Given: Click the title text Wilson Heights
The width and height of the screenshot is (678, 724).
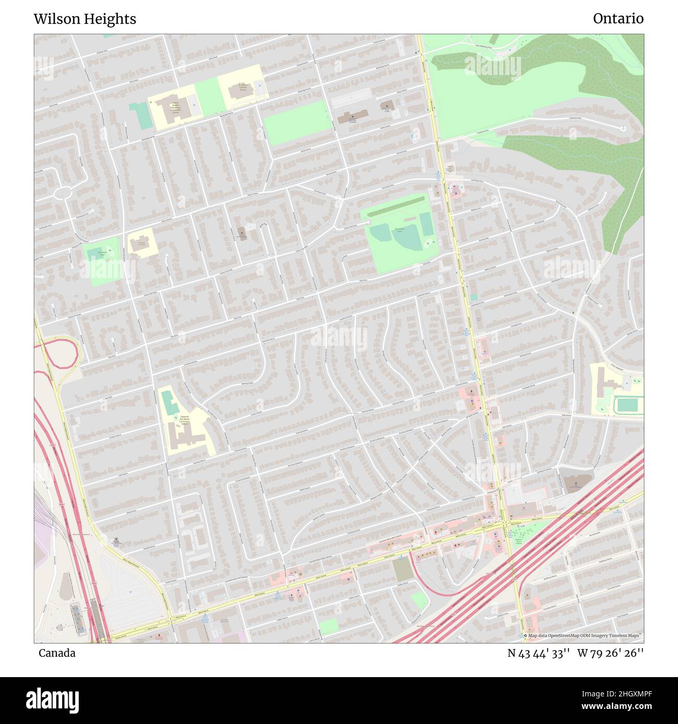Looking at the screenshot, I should click(x=85, y=19).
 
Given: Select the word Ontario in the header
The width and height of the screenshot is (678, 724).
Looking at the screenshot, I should click(x=618, y=19).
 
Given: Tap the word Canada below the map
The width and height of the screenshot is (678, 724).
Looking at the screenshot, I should click(x=57, y=653).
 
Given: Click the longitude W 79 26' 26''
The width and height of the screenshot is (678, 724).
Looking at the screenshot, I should click(x=611, y=653).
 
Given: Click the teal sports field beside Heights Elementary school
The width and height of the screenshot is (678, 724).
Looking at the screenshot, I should click(x=140, y=116).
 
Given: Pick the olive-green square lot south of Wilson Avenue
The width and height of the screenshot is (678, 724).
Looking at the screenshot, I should click(x=402, y=570).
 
